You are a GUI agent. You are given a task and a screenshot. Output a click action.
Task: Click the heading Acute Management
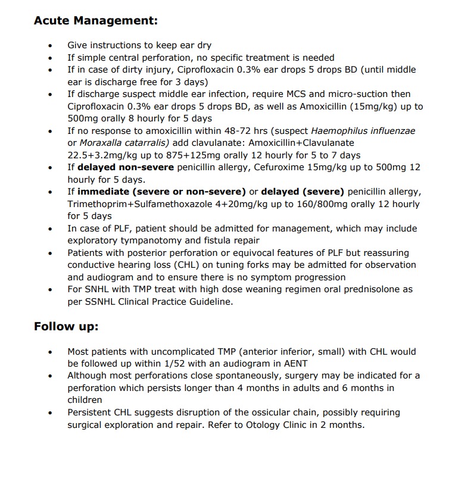click(x=96, y=21)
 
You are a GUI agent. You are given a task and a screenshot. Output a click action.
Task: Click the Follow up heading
click(x=66, y=326)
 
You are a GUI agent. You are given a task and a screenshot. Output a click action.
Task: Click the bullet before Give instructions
click(x=51, y=45)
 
